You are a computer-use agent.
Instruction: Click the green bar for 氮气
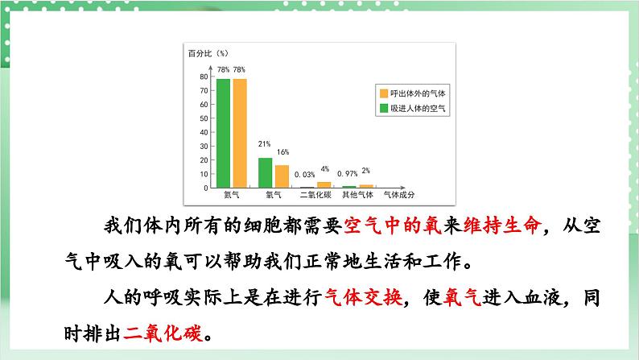pos(224,133)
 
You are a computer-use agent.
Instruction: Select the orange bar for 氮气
pos(240,133)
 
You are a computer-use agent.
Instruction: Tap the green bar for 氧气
pos(265,172)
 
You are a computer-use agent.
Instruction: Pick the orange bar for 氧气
pos(282,176)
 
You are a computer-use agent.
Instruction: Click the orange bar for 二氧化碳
pos(324,184)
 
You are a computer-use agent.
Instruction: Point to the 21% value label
pos(264,144)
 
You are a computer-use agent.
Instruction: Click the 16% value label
pos(282,151)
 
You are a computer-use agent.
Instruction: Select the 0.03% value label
pos(304,174)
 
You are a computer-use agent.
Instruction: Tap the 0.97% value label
pos(347,174)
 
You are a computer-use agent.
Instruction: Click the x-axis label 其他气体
pos(357,195)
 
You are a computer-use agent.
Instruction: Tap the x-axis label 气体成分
pos(399,195)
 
